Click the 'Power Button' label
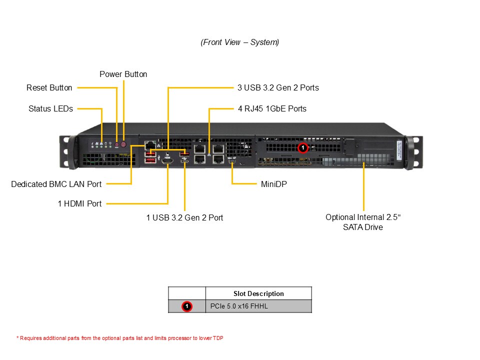point(123,74)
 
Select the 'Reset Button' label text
point(49,87)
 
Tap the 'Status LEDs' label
point(50,108)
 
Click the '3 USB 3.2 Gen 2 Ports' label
point(277,87)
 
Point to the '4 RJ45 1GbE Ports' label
point(271,108)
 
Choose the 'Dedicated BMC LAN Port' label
point(56,184)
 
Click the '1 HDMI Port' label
point(79,203)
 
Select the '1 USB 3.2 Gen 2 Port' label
point(184,217)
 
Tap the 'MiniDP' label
point(274,184)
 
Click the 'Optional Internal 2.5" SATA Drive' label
point(363,222)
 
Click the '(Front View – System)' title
point(240,42)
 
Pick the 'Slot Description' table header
point(258,293)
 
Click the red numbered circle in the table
point(186,306)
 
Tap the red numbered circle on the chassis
point(302,147)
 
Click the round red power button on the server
point(123,144)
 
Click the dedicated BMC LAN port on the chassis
point(148,145)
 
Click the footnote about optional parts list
point(120,338)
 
